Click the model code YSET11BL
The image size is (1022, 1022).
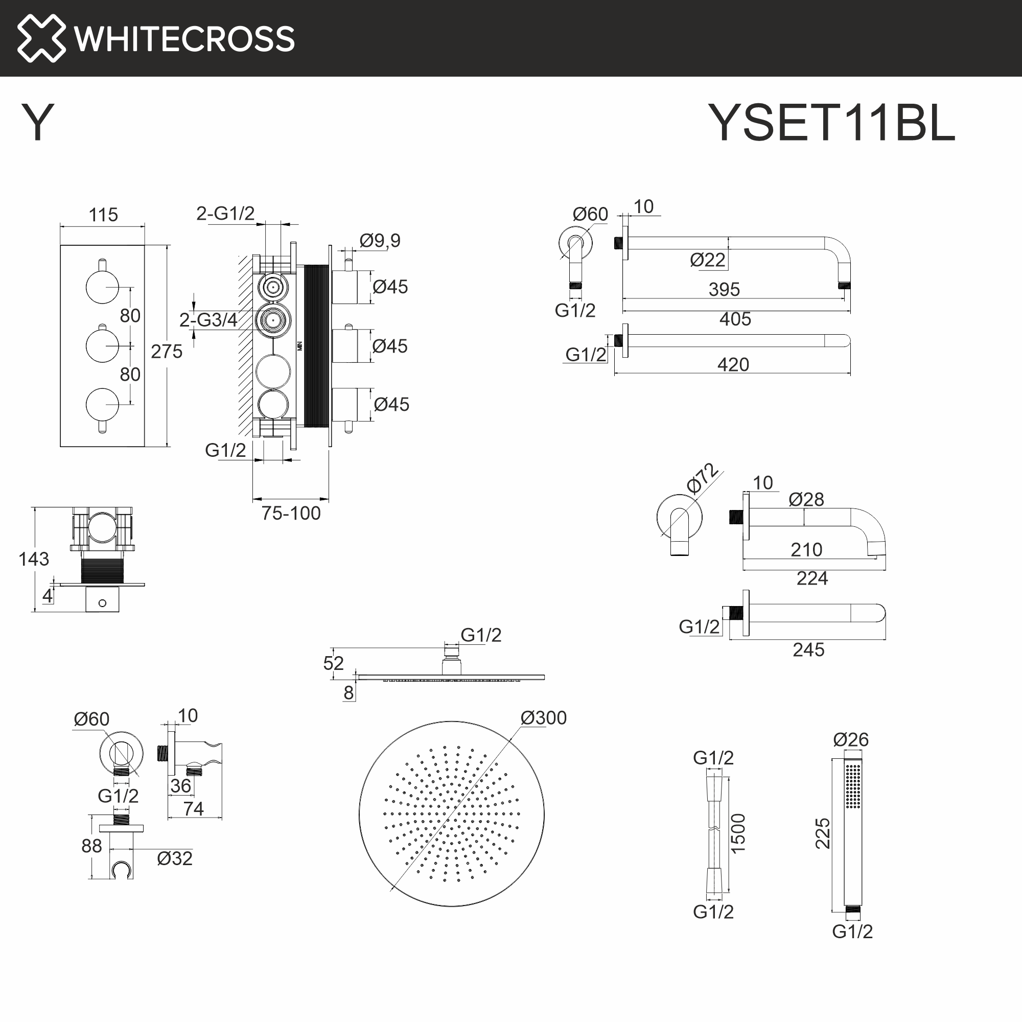[831, 123]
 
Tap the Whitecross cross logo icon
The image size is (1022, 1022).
[41, 38]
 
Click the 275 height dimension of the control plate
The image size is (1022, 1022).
[166, 351]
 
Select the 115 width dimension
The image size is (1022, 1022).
[103, 215]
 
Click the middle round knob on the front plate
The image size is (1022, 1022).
[102, 345]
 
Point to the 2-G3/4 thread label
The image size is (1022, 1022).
[208, 319]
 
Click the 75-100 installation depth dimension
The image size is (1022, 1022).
[291, 513]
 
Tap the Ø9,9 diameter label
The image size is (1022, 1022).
[380, 241]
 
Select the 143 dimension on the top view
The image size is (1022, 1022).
[33, 559]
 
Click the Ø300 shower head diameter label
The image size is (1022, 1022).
[543, 718]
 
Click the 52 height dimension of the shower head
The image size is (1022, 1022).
[333, 663]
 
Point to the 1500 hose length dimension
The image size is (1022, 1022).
[738, 833]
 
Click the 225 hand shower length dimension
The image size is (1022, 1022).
[823, 833]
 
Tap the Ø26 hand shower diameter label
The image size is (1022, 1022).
[851, 739]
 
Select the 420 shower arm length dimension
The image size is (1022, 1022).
[733, 364]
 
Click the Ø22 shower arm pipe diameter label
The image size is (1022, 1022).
[707, 260]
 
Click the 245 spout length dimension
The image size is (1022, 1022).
[808, 649]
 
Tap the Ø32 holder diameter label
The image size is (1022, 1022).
[175, 858]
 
